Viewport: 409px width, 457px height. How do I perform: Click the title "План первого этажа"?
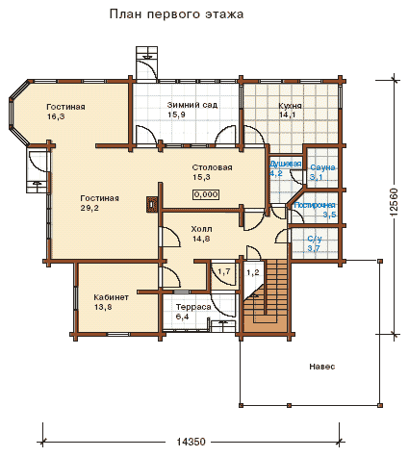pyautogui.click(x=176, y=14)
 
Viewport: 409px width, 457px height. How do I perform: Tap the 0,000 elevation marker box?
pyautogui.click(x=206, y=194)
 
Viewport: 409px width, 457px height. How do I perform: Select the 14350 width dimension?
pyautogui.click(x=191, y=442)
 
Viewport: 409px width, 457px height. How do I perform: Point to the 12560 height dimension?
pyautogui.click(x=395, y=202)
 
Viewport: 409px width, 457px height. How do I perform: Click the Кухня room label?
pyautogui.click(x=290, y=106)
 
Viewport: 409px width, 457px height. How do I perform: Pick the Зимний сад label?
pyautogui.click(x=192, y=105)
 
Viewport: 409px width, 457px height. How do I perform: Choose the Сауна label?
pyautogui.click(x=322, y=167)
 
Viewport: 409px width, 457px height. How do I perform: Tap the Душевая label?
pyautogui.click(x=286, y=164)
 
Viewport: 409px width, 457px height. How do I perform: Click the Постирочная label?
pyautogui.click(x=315, y=205)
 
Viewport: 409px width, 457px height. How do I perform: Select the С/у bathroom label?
pyautogui.click(x=315, y=239)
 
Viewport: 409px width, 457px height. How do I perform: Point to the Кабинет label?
pyautogui.click(x=111, y=297)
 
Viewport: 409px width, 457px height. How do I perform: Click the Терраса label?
pyautogui.click(x=193, y=307)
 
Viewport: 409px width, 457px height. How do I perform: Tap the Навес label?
pyautogui.click(x=322, y=367)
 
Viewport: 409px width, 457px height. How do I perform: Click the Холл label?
pyautogui.click(x=201, y=229)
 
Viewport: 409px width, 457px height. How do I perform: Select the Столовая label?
pyautogui.click(x=212, y=167)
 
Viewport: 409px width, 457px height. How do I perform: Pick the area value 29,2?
pyautogui.click(x=89, y=208)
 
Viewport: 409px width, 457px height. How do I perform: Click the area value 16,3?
pyautogui.click(x=56, y=116)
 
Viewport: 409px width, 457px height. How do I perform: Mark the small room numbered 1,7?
pyautogui.click(x=224, y=271)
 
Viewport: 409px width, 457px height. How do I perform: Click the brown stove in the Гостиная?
pyautogui.click(x=152, y=204)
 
